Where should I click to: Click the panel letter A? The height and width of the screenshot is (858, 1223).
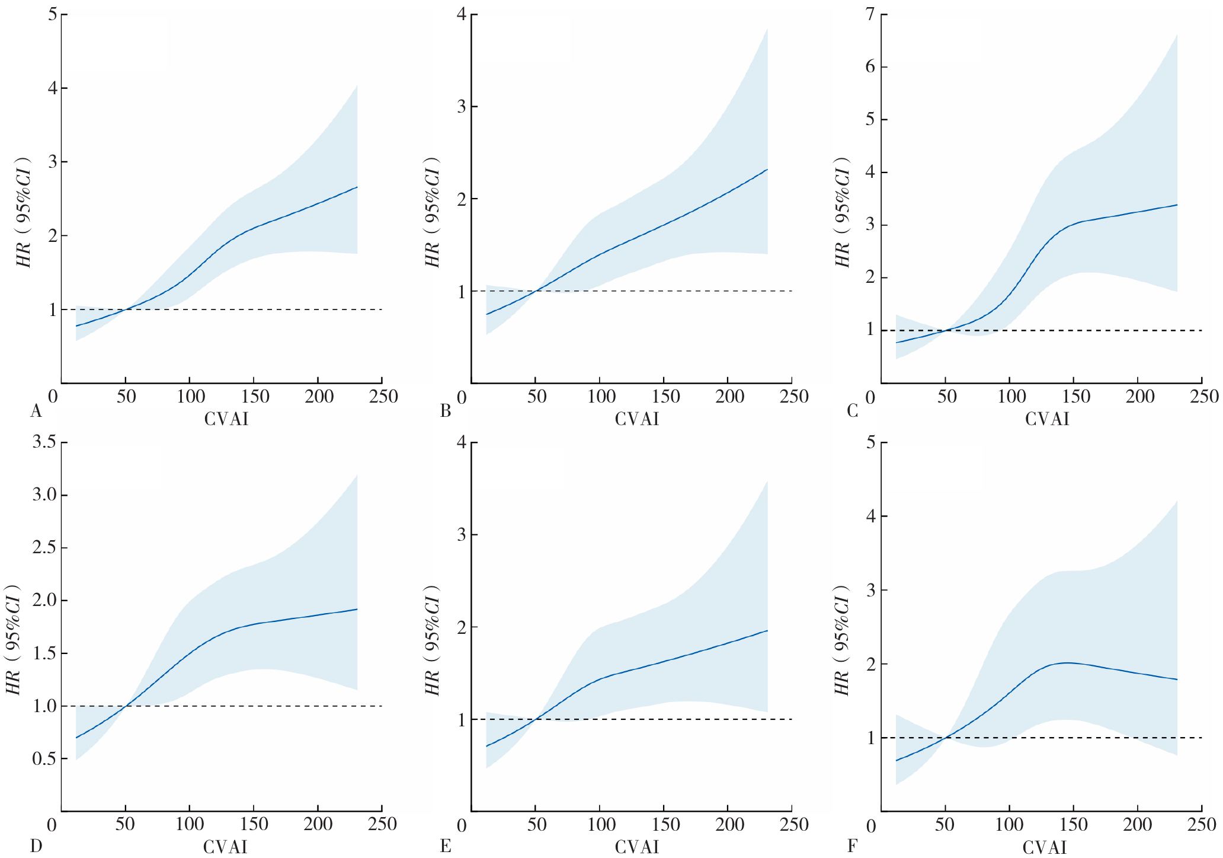(x=36, y=411)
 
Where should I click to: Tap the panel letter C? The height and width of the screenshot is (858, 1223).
(x=853, y=410)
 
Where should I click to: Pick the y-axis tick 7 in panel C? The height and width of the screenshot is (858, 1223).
(x=869, y=14)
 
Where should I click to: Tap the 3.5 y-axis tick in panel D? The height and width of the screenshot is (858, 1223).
(x=44, y=442)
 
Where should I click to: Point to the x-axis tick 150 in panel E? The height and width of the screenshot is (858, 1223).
(x=665, y=824)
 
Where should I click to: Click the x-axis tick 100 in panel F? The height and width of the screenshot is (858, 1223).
(x=1009, y=824)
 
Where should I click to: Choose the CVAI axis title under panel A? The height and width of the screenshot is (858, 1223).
(x=226, y=419)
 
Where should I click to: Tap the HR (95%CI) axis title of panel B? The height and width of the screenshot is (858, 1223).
(x=433, y=212)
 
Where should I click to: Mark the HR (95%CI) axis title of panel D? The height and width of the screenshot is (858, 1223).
(x=13, y=640)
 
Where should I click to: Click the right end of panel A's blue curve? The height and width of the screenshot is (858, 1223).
(x=357, y=187)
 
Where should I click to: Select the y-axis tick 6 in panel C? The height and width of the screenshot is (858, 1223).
(x=869, y=67)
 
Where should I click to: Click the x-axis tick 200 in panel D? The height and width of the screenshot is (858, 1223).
(x=319, y=824)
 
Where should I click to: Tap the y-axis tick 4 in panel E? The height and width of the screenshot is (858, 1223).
(x=461, y=442)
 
